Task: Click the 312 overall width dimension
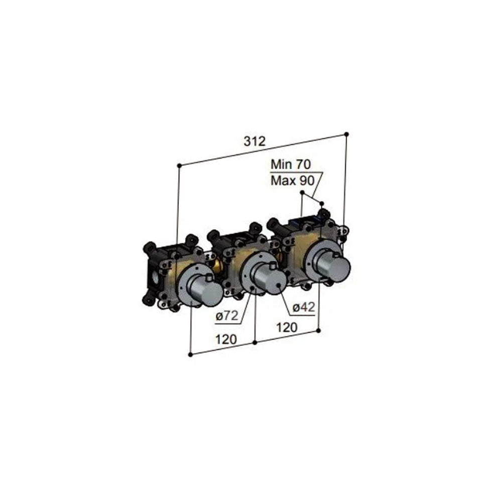[x=255, y=142]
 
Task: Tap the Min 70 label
[x=292, y=164]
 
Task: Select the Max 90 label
[x=292, y=180]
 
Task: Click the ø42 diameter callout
[x=303, y=307]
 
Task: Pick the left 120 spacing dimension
[x=226, y=339]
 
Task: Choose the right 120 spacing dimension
[x=287, y=328]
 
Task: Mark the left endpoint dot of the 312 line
[x=179, y=165]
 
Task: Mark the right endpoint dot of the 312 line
[x=346, y=134]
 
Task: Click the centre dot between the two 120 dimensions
[x=255, y=342]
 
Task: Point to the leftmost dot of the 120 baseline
[x=190, y=354]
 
